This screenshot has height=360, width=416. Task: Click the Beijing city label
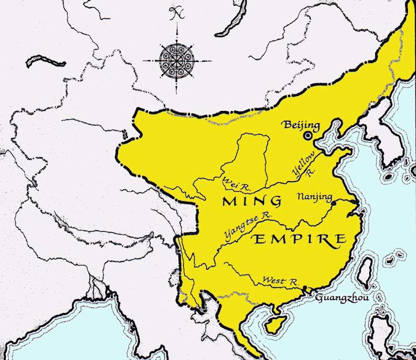pyautogui.click(x=300, y=124)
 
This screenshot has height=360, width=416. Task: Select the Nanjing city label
pyautogui.click(x=313, y=196)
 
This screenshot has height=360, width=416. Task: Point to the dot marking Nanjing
pyautogui.click(x=332, y=202)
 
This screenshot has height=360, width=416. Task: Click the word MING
pyautogui.click(x=252, y=201)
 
